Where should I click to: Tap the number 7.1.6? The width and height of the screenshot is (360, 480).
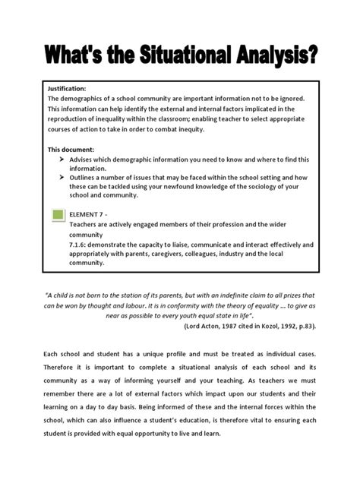point(80,245)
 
